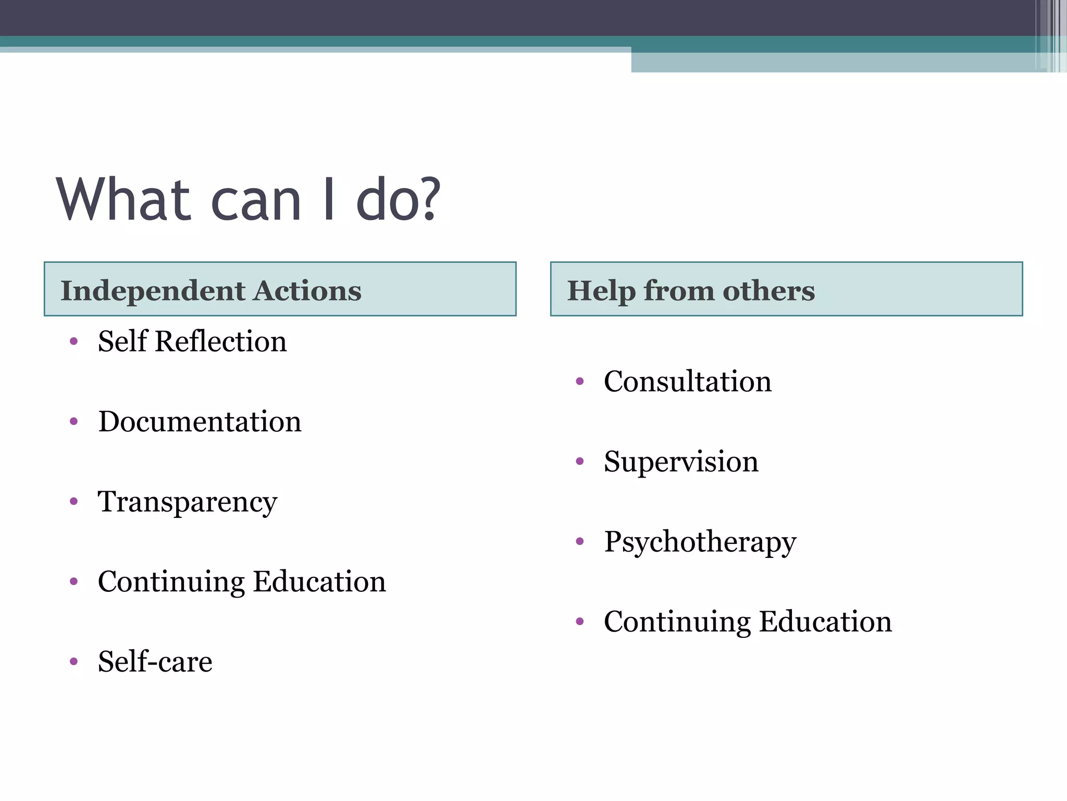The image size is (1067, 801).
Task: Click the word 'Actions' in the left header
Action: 307,290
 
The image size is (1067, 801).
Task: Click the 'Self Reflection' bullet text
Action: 192,342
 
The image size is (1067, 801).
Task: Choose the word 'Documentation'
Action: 200,421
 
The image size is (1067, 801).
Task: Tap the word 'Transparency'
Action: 188,502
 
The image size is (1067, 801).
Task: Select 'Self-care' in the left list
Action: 155,662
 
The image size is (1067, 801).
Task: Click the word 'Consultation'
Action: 687,381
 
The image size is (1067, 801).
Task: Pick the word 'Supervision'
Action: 681,462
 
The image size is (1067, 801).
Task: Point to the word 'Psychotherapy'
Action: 700,542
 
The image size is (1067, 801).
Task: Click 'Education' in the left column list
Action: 319,581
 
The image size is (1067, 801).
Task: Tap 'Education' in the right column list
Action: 825,622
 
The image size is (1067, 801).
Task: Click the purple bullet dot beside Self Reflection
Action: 74,342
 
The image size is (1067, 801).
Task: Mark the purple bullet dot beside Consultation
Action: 580,382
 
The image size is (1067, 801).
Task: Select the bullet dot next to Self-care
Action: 74,662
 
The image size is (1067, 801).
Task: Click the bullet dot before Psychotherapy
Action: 580,542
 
